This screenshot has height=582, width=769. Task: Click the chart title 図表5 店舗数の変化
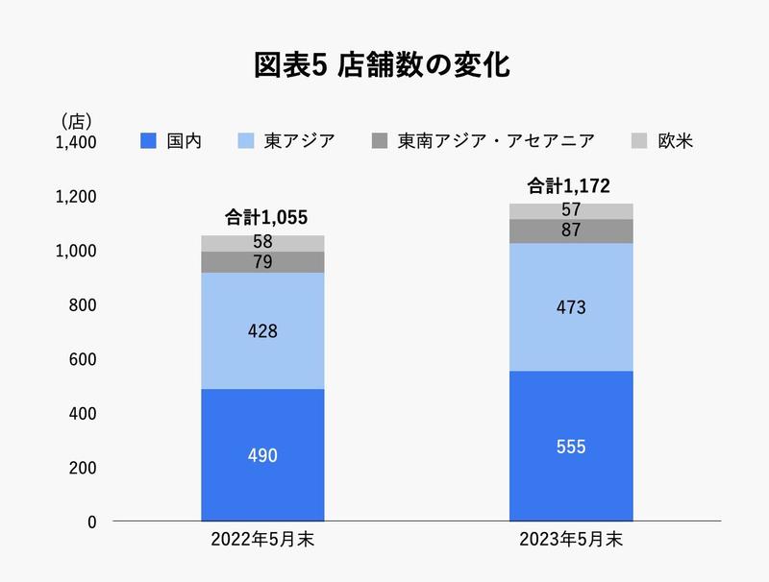pyautogui.click(x=382, y=65)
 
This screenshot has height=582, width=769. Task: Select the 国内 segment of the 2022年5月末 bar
pyautogui.click(x=262, y=455)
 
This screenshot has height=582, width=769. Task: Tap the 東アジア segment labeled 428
pyautogui.click(x=262, y=331)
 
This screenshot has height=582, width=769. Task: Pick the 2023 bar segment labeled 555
pyautogui.click(x=571, y=447)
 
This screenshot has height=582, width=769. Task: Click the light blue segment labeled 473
pyautogui.click(x=571, y=307)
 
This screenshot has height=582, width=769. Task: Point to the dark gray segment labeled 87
pyautogui.click(x=571, y=230)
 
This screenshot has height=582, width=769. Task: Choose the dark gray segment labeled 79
pyautogui.click(x=262, y=262)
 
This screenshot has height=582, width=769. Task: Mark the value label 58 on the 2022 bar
pyautogui.click(x=262, y=243)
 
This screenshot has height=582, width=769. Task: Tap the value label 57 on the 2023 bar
pyautogui.click(x=571, y=211)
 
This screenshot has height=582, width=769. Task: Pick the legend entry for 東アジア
pyautogui.click(x=286, y=142)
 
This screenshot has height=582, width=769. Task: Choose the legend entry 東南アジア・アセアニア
pyautogui.click(x=484, y=142)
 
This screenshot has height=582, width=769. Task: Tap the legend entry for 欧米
pyautogui.click(x=668, y=142)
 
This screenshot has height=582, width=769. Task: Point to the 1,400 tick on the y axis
pyautogui.click(x=76, y=143)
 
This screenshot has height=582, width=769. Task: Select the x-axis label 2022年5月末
pyautogui.click(x=262, y=540)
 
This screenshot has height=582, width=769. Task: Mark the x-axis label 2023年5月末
pyautogui.click(x=571, y=540)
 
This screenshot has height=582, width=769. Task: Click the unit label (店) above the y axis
pyautogui.click(x=75, y=121)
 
